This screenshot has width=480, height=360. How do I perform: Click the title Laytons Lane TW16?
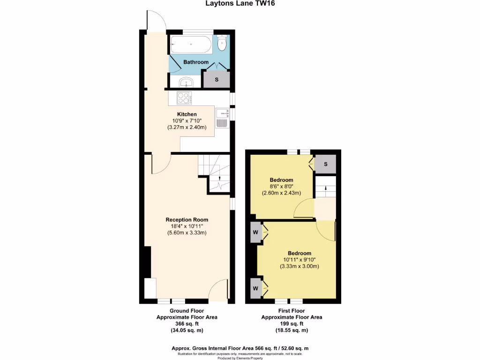point(240,4)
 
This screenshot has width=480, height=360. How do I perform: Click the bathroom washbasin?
point(187,82)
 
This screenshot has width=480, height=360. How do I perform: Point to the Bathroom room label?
point(195,62)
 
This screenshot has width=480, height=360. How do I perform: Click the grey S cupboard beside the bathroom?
point(216,79)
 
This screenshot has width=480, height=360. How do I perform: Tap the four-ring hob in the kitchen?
point(184,98)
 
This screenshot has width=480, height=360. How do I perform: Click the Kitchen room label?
point(187,114)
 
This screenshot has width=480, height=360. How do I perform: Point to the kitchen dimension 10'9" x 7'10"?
point(187,121)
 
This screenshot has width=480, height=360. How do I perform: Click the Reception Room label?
point(187,220)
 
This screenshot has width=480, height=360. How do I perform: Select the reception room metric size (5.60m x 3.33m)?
point(187,233)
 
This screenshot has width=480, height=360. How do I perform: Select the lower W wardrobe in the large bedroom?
point(255,285)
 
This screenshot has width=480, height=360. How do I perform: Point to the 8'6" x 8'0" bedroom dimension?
point(281,187)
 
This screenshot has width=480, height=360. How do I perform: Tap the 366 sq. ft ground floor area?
point(187,324)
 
